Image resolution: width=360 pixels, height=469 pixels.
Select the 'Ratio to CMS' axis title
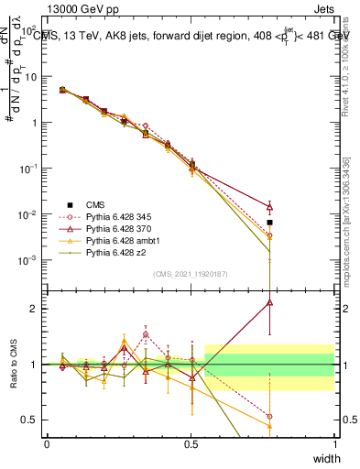pos(14,364)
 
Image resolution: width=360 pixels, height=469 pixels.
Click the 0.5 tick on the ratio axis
pos(32,420)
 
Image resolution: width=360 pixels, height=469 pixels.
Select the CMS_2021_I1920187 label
pos(191,274)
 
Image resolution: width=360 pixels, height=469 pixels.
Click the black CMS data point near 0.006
pos(269,223)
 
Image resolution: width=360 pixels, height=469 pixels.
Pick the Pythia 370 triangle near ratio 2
pos(269,302)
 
